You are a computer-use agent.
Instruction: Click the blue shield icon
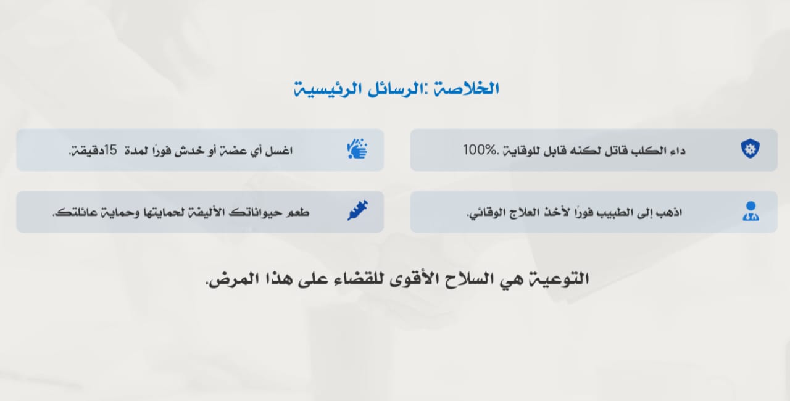(x=750, y=149)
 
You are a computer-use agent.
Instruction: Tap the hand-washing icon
(x=357, y=149)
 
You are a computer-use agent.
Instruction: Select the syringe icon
(x=357, y=211)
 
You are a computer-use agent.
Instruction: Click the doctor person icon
(x=751, y=211)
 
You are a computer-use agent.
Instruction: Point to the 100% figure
(x=480, y=150)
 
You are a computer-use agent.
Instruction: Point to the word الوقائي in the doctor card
(x=483, y=213)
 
